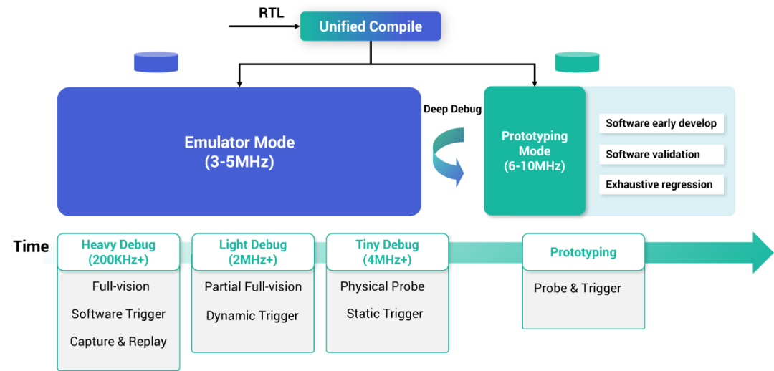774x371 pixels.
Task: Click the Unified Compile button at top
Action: pos(371,27)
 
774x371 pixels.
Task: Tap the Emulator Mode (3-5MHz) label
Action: pos(239,152)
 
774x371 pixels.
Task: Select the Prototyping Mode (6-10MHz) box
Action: pos(534,151)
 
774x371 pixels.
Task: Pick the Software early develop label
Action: pos(661,123)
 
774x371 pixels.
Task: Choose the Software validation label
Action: pos(653,154)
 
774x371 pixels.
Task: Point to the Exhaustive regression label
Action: pos(659,184)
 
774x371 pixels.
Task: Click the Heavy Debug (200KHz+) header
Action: pos(118,252)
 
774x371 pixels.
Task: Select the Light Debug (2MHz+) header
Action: pos(252,252)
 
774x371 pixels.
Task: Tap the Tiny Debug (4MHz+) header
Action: pos(387,252)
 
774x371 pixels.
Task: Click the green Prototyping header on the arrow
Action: pos(583,252)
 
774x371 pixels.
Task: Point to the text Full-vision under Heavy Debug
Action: pos(121,286)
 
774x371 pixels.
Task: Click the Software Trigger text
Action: pos(118,314)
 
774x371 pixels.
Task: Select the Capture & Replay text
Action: pos(118,342)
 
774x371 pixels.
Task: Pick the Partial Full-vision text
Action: pos(253,286)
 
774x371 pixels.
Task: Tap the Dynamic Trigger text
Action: pos(252,316)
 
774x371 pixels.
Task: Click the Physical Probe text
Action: pos(382,286)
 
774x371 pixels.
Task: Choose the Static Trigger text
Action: pos(385,314)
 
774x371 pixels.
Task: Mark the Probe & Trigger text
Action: pos(578,289)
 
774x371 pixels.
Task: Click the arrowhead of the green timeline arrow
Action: pos(762,253)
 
